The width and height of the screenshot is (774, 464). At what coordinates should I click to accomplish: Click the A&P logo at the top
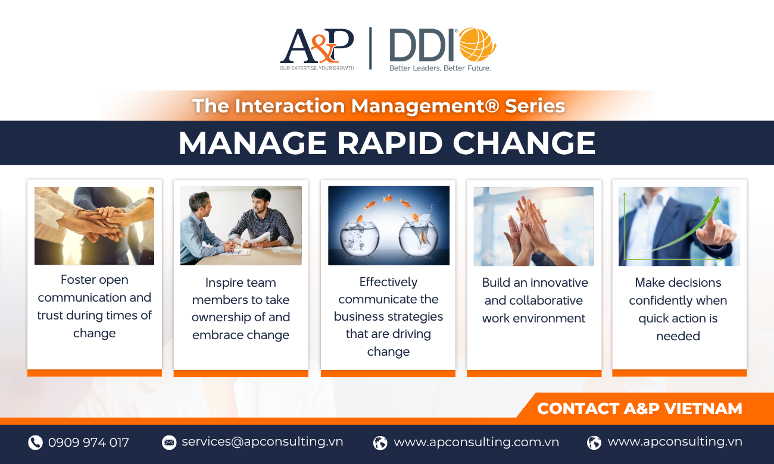pos(317,49)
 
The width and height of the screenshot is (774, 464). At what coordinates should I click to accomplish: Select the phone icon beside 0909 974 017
pos(35,443)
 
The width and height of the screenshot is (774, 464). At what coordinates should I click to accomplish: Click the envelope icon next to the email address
pos(169,442)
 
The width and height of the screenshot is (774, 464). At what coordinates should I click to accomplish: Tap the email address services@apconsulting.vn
pos(262,441)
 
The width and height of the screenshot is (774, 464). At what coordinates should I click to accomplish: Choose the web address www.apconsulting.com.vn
pos(476,442)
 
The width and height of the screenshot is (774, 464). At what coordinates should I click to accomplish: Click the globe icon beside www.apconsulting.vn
pos(594,443)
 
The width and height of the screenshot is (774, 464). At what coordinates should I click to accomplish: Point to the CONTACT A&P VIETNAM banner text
pos(639,409)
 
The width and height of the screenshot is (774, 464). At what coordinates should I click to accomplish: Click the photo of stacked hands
pos(94,226)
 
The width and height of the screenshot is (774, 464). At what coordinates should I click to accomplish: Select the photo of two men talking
pos(241,226)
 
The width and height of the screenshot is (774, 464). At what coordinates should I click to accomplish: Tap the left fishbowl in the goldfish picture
pos(360,238)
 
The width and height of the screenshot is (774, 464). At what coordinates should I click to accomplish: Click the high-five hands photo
pos(533,226)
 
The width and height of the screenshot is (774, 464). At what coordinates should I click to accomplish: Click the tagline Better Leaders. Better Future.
pos(440,68)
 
